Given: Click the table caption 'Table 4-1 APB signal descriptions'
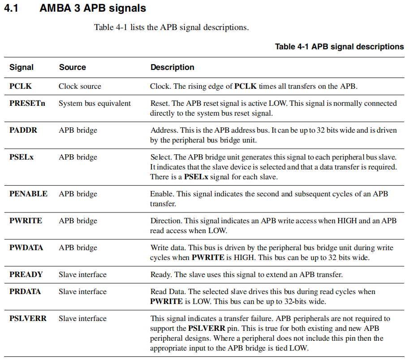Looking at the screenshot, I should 339,47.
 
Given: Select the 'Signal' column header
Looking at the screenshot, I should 22,67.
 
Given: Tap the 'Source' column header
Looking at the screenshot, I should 72,67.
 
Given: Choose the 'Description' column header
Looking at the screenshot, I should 172,67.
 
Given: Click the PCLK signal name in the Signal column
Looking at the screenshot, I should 21,86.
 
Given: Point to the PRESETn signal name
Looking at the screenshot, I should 27,104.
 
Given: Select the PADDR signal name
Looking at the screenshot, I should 23,130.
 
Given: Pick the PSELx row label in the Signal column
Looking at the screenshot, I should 22,157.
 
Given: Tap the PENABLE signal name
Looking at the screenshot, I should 28,194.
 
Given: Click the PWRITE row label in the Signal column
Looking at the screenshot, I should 26,221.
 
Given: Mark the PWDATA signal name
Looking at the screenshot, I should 26,248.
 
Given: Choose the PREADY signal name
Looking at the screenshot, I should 26,274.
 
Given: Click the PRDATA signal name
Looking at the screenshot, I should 25,292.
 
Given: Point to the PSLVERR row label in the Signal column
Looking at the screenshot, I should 28,319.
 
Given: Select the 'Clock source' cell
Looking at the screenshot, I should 80,86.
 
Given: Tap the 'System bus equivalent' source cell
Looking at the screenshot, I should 95,104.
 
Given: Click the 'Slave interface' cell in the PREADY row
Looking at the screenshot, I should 82,274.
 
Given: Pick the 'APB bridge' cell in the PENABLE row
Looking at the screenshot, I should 77,194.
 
